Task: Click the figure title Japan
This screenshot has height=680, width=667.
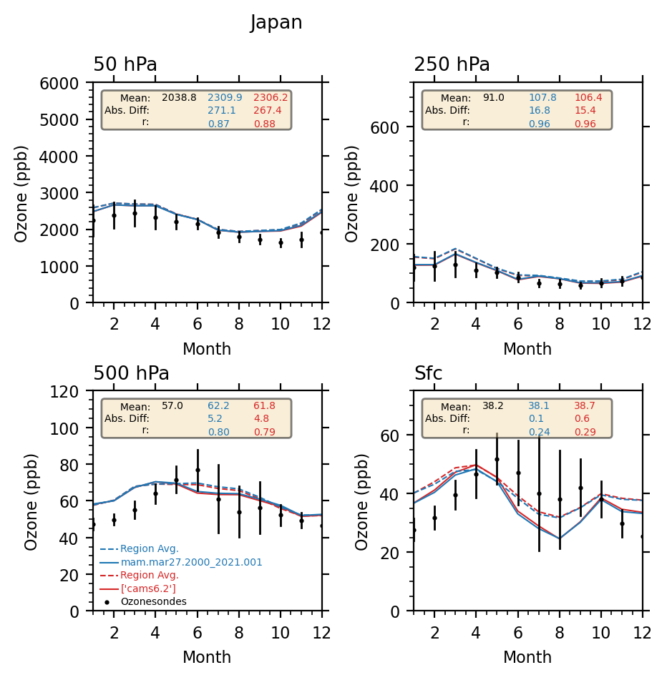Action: point(276,23)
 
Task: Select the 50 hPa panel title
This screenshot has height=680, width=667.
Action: point(125,65)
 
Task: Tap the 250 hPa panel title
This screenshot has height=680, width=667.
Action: point(452,65)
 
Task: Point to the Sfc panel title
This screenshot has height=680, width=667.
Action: point(428,373)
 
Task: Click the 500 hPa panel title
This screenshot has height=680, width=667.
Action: point(131,373)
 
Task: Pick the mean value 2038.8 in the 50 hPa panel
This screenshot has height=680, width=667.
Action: point(179,97)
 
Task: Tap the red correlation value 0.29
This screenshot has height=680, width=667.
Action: point(584,432)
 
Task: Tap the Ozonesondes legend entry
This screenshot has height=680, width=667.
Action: point(153,601)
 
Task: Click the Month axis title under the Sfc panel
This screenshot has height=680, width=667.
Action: point(527,657)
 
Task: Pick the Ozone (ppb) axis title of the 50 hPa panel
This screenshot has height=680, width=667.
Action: point(21,193)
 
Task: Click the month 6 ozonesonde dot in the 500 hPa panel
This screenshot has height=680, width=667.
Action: point(198,470)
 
